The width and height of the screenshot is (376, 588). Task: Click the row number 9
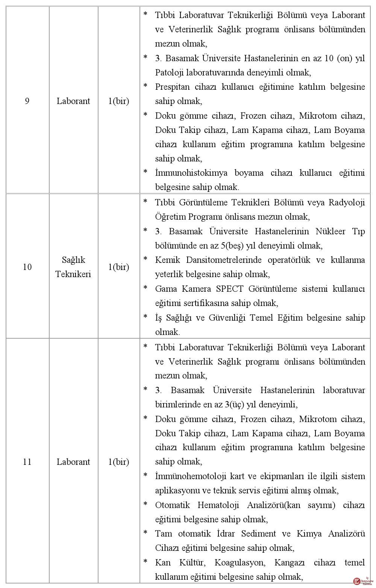click(27, 101)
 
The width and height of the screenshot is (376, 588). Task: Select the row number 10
click(27, 267)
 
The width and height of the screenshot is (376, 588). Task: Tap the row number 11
click(27, 462)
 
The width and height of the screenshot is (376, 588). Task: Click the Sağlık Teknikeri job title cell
click(73, 267)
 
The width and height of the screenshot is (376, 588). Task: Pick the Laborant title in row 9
click(73, 101)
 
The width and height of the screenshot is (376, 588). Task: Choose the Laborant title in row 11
click(73, 462)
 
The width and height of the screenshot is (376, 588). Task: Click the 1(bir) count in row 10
click(119, 267)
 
